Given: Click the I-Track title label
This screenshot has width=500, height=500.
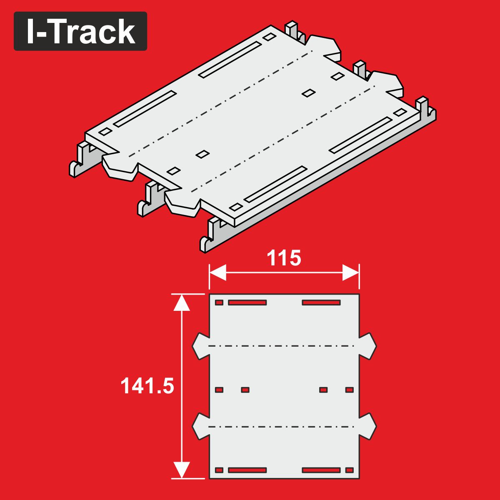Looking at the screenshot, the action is tap(80, 31).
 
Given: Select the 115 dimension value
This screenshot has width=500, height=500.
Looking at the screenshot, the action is tap(284, 258).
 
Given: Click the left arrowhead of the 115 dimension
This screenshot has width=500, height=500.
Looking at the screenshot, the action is tap(217, 272).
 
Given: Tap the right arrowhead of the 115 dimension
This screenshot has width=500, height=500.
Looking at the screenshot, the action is tap(350, 272).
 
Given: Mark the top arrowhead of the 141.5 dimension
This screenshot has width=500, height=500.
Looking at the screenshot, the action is tap(182, 302).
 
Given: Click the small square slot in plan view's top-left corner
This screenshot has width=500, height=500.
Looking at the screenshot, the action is tap(219, 302).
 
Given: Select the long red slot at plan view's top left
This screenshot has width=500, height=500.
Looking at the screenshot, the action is tap(247, 302).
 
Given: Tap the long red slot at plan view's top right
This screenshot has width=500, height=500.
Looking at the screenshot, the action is tap(321, 302).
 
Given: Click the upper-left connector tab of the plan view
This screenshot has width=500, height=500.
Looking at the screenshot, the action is tap(201, 346).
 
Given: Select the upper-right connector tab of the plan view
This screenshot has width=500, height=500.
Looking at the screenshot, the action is tap(367, 346).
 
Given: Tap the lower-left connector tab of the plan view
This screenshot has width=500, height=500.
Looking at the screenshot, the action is tap(201, 426).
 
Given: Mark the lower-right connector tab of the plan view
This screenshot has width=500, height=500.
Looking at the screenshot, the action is tap(367, 426).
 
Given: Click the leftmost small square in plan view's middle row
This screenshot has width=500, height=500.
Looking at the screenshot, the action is tap(219, 390).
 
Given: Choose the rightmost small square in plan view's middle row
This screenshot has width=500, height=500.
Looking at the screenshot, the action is tap(350, 390).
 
